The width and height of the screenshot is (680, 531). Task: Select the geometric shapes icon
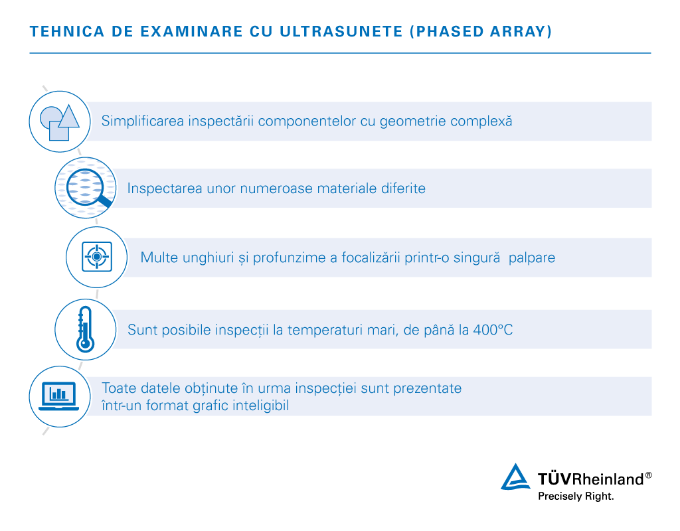click(x=60, y=121)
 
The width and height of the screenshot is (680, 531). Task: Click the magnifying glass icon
click(x=85, y=187)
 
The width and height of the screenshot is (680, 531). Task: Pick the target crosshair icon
click(x=97, y=256)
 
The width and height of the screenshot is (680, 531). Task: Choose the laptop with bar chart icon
click(x=59, y=396)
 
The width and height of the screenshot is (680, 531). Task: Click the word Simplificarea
click(x=143, y=121)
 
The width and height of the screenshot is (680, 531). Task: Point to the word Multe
click(x=159, y=257)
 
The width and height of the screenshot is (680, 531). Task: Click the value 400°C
click(x=493, y=329)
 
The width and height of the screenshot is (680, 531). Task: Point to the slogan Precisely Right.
click(x=575, y=496)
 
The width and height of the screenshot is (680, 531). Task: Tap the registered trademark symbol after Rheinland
click(x=648, y=475)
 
